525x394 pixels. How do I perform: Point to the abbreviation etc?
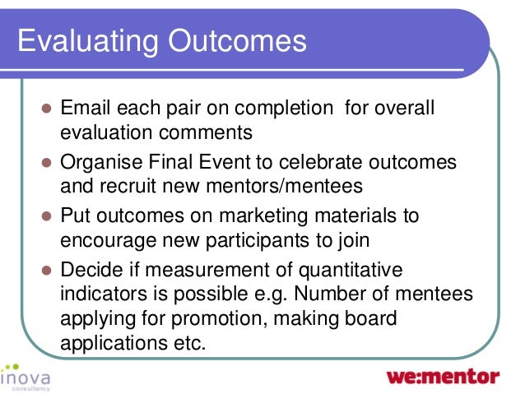point(184,344)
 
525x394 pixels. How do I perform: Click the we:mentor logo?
point(443,377)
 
